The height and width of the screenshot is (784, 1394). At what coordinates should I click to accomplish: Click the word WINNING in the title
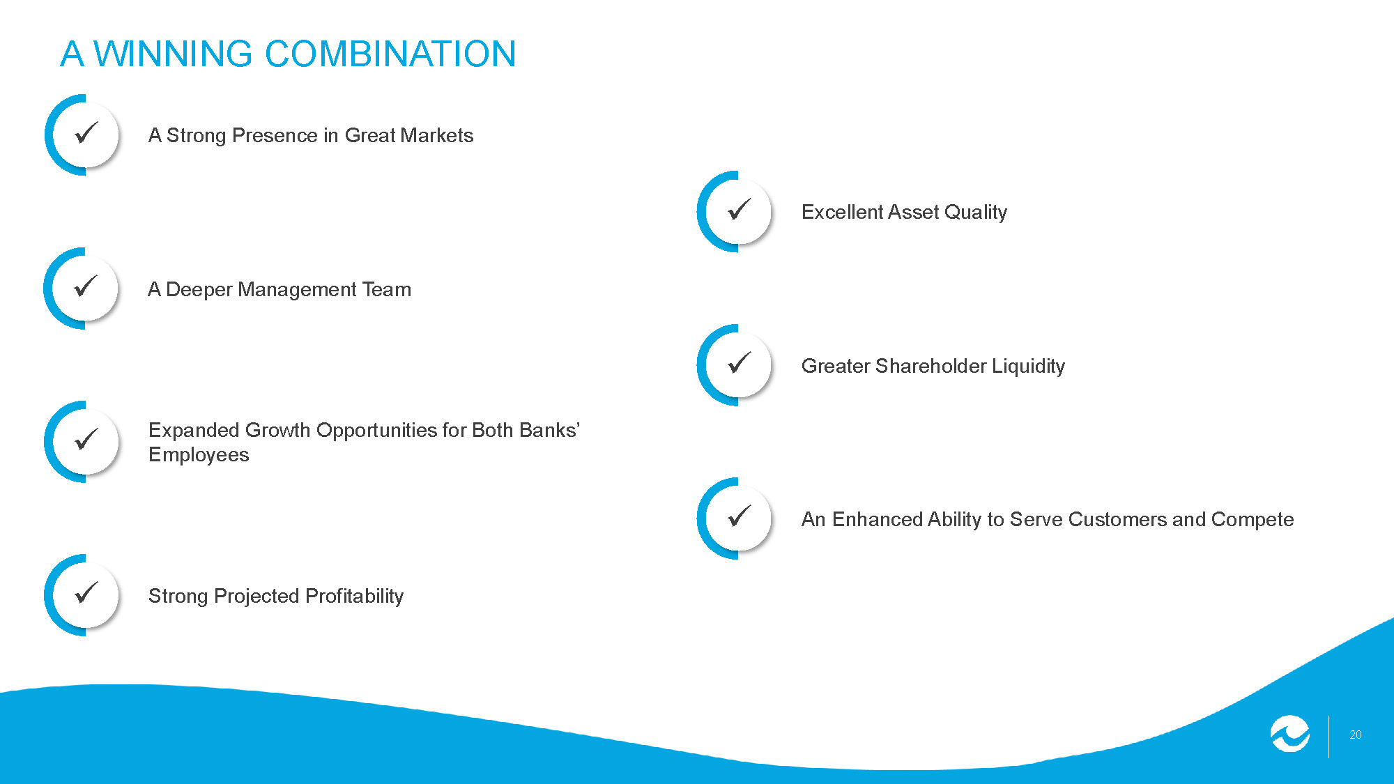pyautogui.click(x=173, y=54)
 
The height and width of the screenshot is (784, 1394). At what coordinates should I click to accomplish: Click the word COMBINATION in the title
pyautogui.click(x=390, y=54)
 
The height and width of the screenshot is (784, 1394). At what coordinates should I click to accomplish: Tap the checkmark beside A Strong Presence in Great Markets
pyautogui.click(x=86, y=132)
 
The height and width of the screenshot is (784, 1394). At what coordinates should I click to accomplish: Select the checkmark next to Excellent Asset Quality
pyautogui.click(x=740, y=209)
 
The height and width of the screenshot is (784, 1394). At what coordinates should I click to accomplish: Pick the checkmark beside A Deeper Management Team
pyautogui.click(x=86, y=286)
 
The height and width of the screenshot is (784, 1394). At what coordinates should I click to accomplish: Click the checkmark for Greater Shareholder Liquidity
pyautogui.click(x=740, y=362)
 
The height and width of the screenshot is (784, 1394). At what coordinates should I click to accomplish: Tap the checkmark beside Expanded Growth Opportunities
pyautogui.click(x=86, y=439)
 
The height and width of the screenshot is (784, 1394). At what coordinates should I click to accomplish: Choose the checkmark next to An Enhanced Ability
pyautogui.click(x=740, y=516)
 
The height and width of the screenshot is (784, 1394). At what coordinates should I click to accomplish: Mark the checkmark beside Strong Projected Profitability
pyautogui.click(x=86, y=592)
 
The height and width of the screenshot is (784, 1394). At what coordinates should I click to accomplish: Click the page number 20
pyautogui.click(x=1356, y=735)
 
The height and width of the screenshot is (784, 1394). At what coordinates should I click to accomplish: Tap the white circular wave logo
pyautogui.click(x=1290, y=734)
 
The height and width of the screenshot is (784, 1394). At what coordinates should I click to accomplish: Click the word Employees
pyautogui.click(x=199, y=455)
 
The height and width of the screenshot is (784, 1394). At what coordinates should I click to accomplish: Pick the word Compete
pyautogui.click(x=1253, y=520)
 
